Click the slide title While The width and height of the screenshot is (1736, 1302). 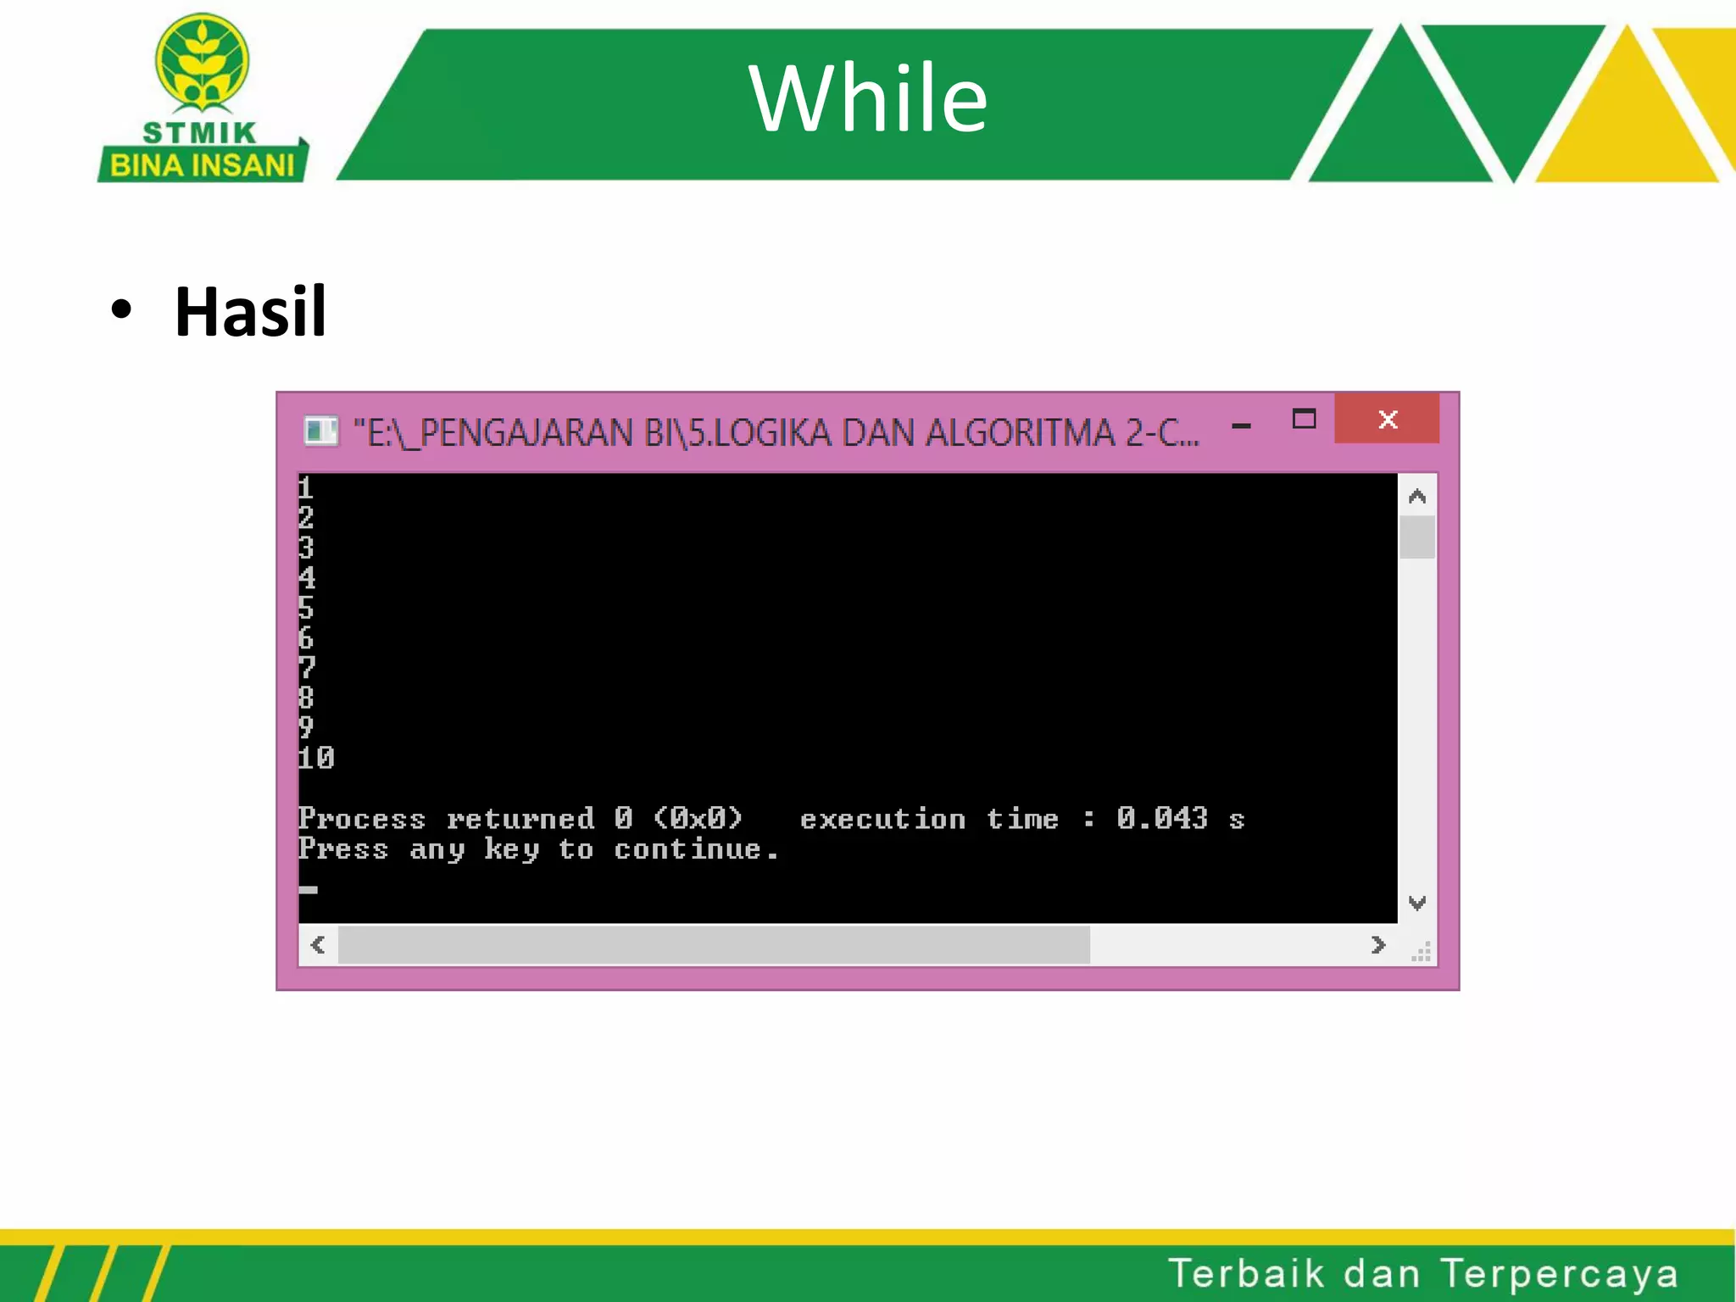click(x=868, y=100)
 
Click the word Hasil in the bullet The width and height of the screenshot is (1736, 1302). click(x=250, y=312)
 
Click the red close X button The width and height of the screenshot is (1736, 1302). click(x=1387, y=419)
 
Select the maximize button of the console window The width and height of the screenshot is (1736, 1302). click(x=1304, y=419)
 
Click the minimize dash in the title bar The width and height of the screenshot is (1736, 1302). click(x=1241, y=426)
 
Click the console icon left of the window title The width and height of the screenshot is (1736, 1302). click(x=320, y=431)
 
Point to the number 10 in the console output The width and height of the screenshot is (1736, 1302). click(x=316, y=758)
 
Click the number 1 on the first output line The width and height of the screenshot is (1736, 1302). click(x=306, y=487)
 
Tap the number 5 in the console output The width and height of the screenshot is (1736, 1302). click(x=306, y=608)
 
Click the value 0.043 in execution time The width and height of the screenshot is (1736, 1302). click(x=1161, y=818)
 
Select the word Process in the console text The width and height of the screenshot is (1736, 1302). click(x=362, y=819)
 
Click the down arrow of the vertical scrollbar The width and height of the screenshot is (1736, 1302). click(x=1416, y=903)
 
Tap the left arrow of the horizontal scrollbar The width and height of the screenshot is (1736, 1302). click(x=319, y=944)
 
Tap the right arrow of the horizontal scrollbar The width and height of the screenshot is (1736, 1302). click(x=1377, y=944)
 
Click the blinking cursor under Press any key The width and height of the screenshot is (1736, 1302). click(x=309, y=889)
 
